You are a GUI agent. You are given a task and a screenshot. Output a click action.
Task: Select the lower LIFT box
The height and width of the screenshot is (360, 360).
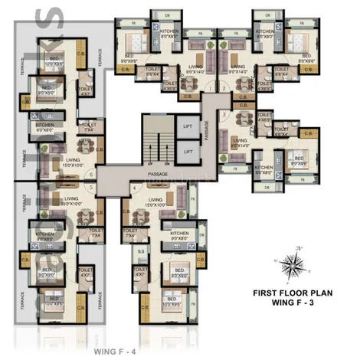[x=188, y=152]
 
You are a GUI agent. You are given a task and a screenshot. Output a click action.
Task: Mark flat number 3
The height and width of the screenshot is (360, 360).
[x=223, y=115]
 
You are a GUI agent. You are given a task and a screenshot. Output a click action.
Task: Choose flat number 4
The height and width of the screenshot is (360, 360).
[x=135, y=188]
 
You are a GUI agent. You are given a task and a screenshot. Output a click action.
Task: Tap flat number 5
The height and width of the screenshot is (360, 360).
[x=91, y=188]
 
